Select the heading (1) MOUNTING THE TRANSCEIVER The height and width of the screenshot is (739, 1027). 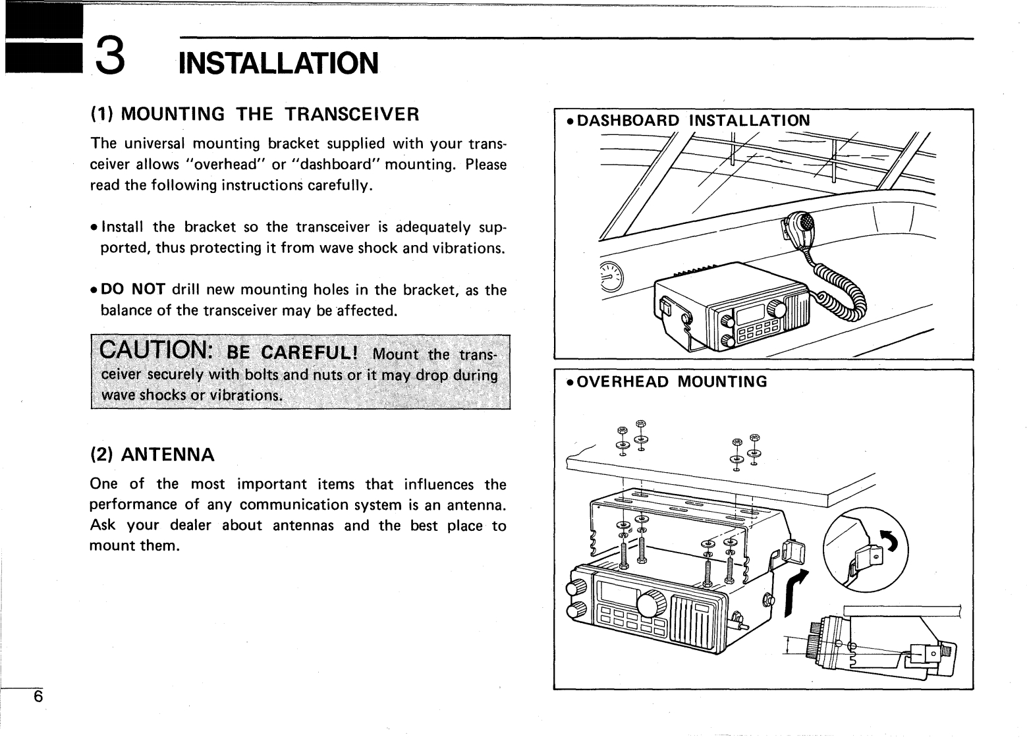(254, 114)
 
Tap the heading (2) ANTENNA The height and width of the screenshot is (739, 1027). (152, 454)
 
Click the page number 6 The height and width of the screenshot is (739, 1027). (38, 696)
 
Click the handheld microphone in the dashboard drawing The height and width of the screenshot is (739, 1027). (797, 227)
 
